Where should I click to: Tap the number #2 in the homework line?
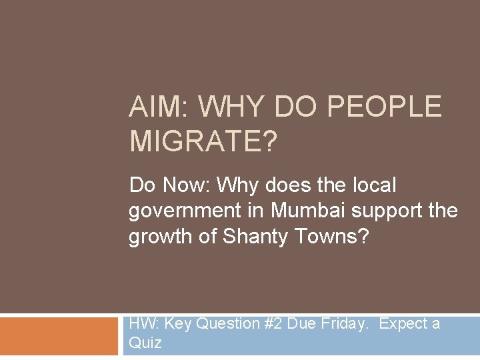tap(273, 324)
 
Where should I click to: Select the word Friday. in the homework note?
tap(346, 324)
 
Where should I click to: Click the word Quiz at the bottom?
tap(145, 343)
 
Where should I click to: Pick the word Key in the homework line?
tap(178, 324)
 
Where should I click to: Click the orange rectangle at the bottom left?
tap(58, 336)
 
